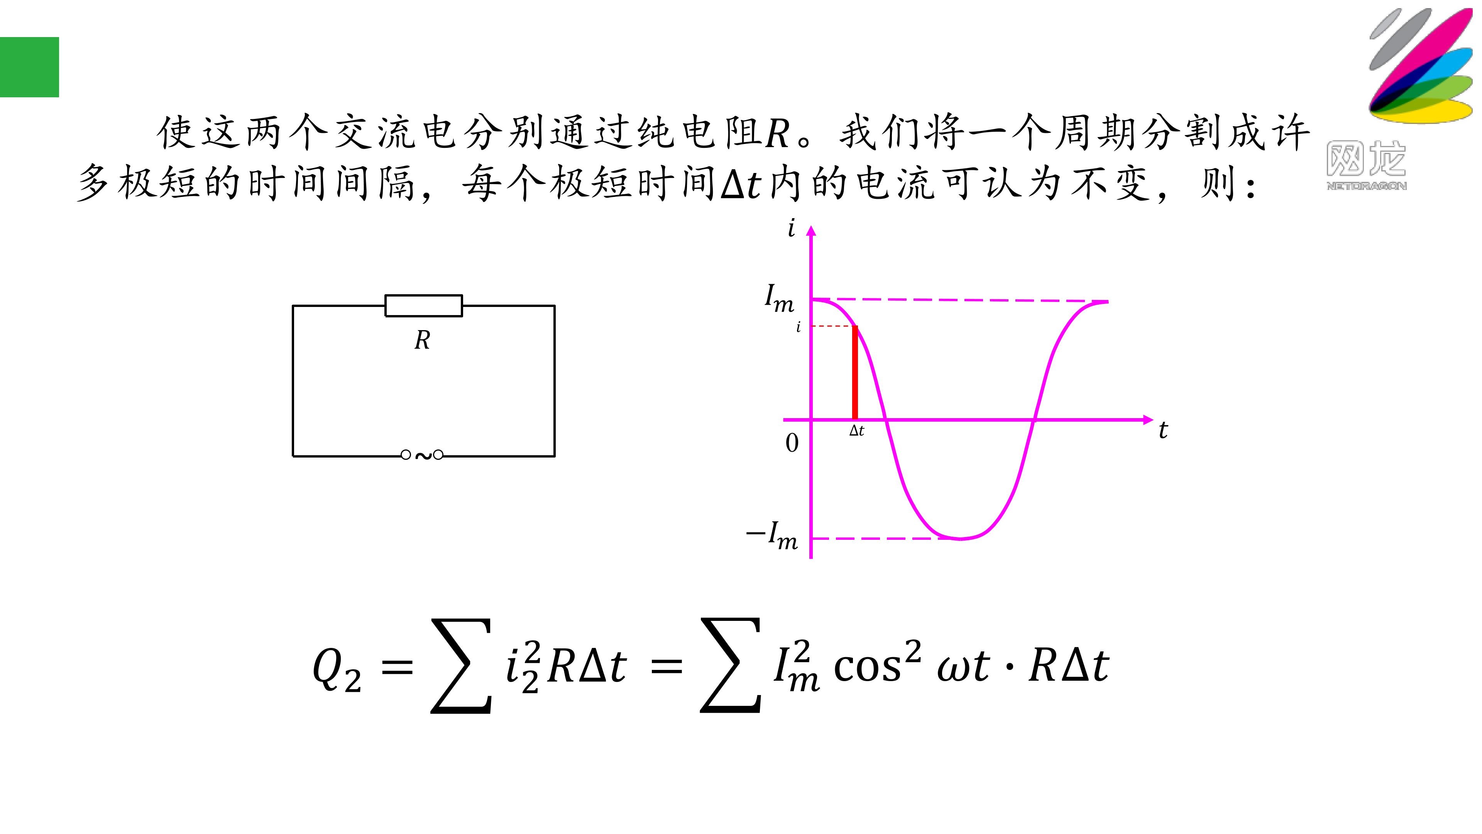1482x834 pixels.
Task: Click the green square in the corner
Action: tap(29, 67)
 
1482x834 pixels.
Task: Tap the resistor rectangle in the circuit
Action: tap(423, 306)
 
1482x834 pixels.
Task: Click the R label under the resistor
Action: tap(422, 340)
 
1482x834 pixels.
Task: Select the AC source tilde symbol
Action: tap(423, 456)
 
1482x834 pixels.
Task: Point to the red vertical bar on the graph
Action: tap(855, 372)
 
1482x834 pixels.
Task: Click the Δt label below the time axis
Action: tap(857, 431)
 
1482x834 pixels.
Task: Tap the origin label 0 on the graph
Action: tap(792, 442)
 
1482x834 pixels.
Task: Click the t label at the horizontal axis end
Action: tap(1163, 430)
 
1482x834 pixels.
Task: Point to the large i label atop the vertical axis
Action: tap(792, 229)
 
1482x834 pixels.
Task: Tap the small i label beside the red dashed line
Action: tap(798, 327)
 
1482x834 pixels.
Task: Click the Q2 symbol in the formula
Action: tap(337, 669)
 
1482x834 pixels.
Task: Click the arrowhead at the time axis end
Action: tap(1148, 420)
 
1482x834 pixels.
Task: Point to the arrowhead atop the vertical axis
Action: tap(811, 231)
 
